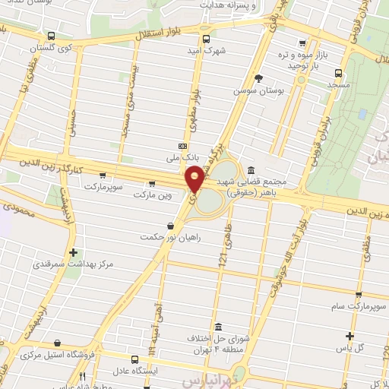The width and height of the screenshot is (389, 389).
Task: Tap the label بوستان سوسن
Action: [259, 90]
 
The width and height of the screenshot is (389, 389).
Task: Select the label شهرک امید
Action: [206, 51]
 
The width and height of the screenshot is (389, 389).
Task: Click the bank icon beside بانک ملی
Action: [182, 146]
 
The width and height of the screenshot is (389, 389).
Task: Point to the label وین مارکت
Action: [153, 195]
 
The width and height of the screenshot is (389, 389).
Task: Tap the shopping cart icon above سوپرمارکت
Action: [103, 175]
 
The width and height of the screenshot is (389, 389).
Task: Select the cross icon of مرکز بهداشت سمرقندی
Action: [73, 252]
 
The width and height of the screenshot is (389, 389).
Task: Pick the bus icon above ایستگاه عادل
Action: [134, 359]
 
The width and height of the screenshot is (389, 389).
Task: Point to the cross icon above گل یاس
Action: [349, 336]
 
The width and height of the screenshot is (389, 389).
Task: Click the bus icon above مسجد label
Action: [339, 74]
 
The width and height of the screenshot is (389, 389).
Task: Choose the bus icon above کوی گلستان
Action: [50, 36]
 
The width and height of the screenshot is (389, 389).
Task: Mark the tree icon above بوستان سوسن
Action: [259, 77]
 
